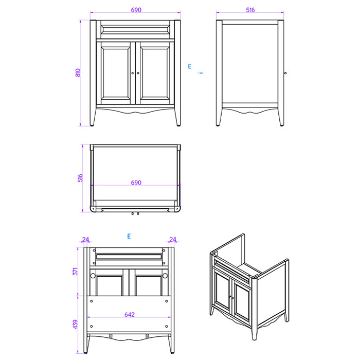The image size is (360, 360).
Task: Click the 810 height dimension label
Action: pos(78,73)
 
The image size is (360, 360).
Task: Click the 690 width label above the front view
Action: pos(136,10)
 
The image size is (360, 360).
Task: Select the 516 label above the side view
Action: pos(250,10)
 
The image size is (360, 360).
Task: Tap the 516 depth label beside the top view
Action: pos(80,178)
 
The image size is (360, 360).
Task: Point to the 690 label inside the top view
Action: pos(136,183)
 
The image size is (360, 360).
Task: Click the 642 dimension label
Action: pos(130,315)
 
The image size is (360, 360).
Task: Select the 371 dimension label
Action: pos(75,272)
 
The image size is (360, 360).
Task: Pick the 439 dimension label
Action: pos(75,324)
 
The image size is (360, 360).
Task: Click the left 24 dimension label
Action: pos(85,240)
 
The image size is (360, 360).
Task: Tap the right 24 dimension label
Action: pos(173,240)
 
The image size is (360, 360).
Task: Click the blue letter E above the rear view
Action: pos(129,236)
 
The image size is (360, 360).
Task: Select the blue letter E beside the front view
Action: pos(189,66)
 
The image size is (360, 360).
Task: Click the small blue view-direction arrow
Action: pos(201,73)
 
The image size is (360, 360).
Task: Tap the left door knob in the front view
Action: pos(133,73)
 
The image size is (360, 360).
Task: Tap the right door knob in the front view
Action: pos(138,73)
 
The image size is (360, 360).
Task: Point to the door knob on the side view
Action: pos(285,73)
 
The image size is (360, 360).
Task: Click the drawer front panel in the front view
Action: pos(135,29)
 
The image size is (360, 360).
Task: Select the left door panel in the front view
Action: pos(116,73)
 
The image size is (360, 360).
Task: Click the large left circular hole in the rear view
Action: pos(93,276)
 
